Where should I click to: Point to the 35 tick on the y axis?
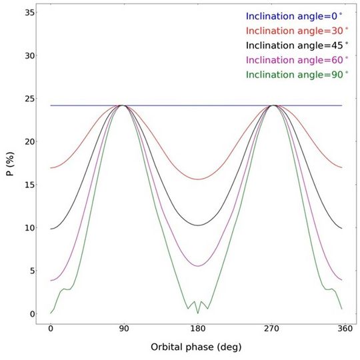click(x=28, y=12)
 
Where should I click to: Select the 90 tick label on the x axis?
click(x=123, y=329)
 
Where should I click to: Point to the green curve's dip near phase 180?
click(x=197, y=312)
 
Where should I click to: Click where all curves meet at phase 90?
click(x=123, y=105)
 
